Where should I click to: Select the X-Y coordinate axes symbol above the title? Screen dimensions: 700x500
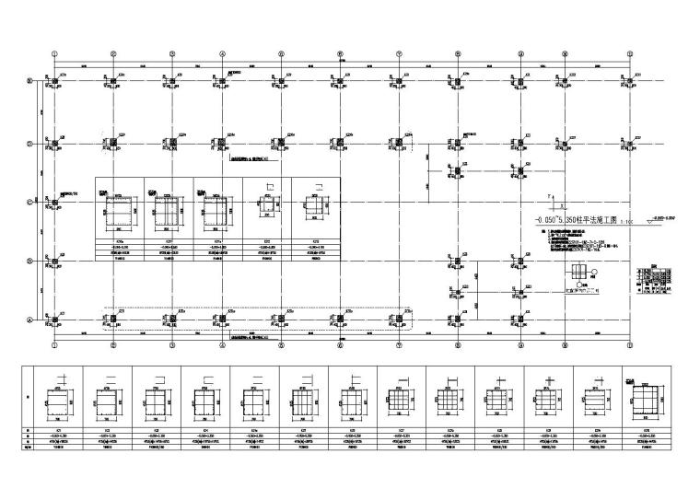point(554,202)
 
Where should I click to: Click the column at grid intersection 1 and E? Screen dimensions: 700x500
point(55,82)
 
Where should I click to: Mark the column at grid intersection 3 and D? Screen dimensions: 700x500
point(169,143)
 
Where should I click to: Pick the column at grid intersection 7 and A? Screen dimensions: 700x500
point(398,320)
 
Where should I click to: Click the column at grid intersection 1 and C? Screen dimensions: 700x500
point(55,202)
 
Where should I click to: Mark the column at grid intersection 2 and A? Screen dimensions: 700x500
point(112,320)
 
